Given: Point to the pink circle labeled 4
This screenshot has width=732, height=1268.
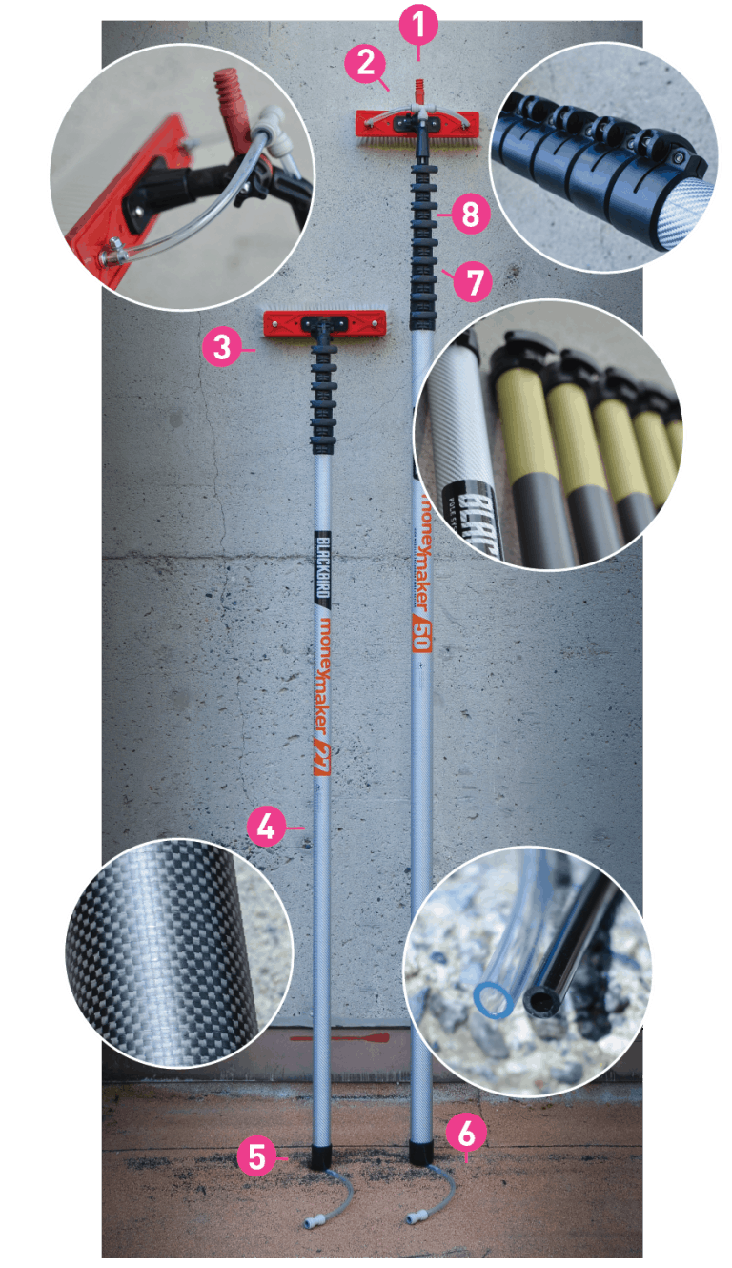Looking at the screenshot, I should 266,827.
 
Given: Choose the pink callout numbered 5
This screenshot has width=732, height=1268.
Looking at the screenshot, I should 256,1156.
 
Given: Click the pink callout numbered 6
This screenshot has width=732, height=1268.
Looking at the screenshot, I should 466,1134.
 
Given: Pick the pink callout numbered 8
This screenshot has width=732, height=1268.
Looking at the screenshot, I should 470,215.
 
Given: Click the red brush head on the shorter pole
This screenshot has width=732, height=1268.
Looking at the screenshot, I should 324,324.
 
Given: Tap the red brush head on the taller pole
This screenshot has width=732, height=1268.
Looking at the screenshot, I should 417,123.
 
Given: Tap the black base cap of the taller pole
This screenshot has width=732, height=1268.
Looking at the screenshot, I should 420,1150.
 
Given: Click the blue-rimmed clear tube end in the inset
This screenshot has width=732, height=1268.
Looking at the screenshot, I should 492,1001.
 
